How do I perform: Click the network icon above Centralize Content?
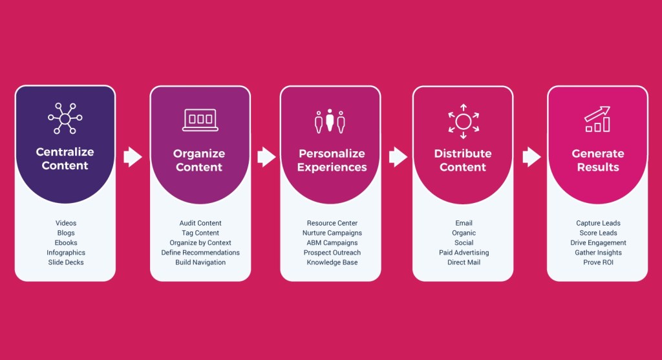pos(66,118)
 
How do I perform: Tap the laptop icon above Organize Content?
pos(200,120)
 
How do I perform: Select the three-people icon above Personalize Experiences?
pos(330,120)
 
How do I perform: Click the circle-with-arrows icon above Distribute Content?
pos(463,121)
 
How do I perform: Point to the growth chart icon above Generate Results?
pos(597,120)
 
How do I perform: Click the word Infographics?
pos(66,253)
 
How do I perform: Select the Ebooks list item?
pos(66,243)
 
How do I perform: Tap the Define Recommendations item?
pos(200,253)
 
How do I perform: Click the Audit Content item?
pos(200,224)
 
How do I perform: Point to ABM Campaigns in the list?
pos(332,243)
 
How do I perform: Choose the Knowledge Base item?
pos(332,262)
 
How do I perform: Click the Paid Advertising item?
pos(464,253)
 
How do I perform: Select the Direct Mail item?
pos(464,262)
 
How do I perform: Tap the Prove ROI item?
pos(598,262)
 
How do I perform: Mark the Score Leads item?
pos(598,233)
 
